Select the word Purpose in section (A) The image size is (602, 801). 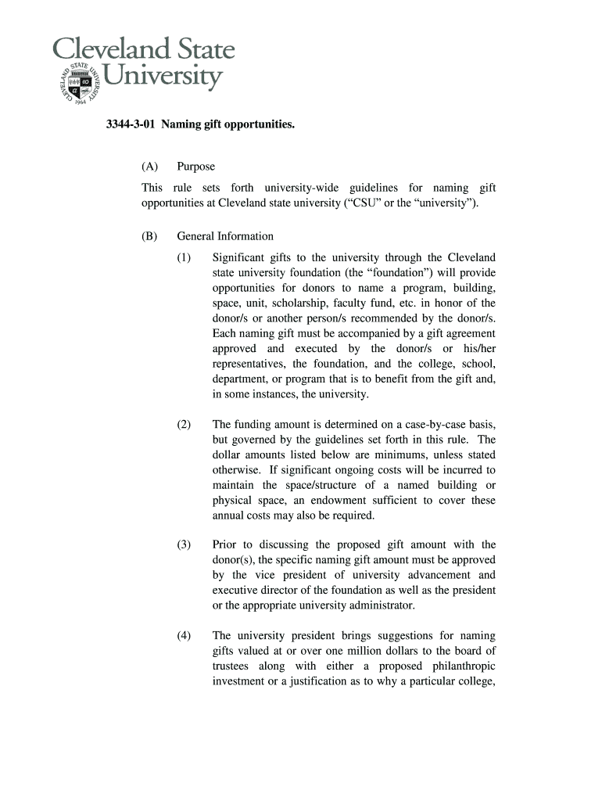tap(195, 167)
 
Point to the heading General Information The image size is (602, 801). tap(225, 236)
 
